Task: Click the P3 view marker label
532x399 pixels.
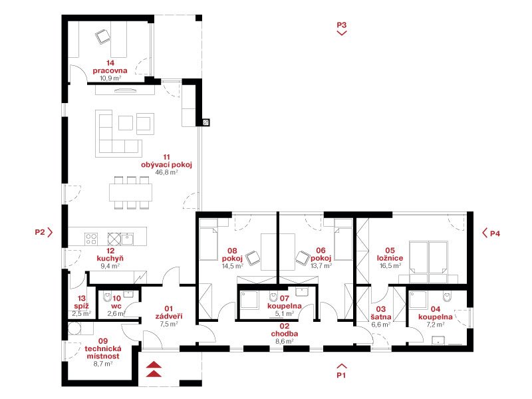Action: point(341,25)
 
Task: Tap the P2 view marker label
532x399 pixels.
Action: point(40,232)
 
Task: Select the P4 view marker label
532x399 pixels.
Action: point(495,234)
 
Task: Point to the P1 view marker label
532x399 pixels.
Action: point(341,375)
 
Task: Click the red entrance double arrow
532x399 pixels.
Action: point(154,370)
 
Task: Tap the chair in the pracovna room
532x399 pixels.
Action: point(103,37)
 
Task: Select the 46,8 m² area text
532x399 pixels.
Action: point(167,172)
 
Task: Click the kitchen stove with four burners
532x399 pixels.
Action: point(91,239)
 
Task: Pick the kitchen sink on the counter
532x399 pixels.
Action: point(128,239)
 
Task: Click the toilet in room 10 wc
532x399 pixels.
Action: point(107,297)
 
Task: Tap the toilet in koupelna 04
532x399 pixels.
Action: point(448,297)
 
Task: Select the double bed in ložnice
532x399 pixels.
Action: point(428,261)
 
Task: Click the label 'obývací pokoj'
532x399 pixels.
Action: point(167,165)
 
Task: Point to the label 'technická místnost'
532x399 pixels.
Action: point(103,352)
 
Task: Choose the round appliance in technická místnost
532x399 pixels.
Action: point(74,329)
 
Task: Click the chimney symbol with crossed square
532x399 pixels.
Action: point(206,122)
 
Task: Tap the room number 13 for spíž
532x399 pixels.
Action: point(81,299)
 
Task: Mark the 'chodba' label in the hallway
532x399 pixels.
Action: point(285,334)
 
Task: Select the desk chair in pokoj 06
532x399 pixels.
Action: point(303,258)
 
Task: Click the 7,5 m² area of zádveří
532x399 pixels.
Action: point(169,324)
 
